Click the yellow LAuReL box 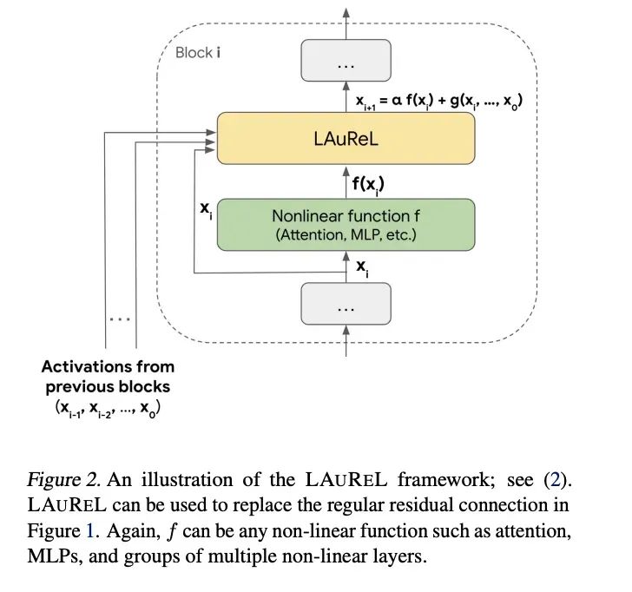coord(346,138)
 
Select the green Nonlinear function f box coord(346,224)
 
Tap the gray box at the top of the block coord(346,66)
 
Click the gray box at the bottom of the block coord(346,308)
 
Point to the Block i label coord(198,52)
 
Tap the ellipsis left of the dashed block coord(120,319)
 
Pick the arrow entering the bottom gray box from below coord(346,345)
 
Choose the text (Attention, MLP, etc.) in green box coord(346,234)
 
